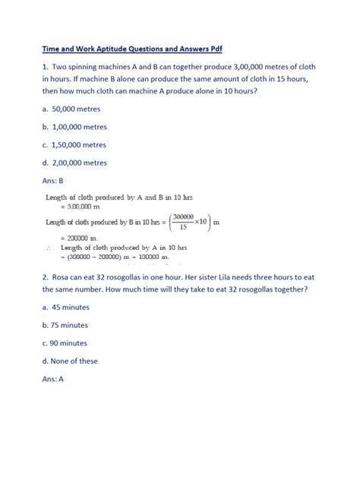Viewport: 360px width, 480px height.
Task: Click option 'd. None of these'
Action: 74,360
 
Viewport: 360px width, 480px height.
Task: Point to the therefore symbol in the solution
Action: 49,248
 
